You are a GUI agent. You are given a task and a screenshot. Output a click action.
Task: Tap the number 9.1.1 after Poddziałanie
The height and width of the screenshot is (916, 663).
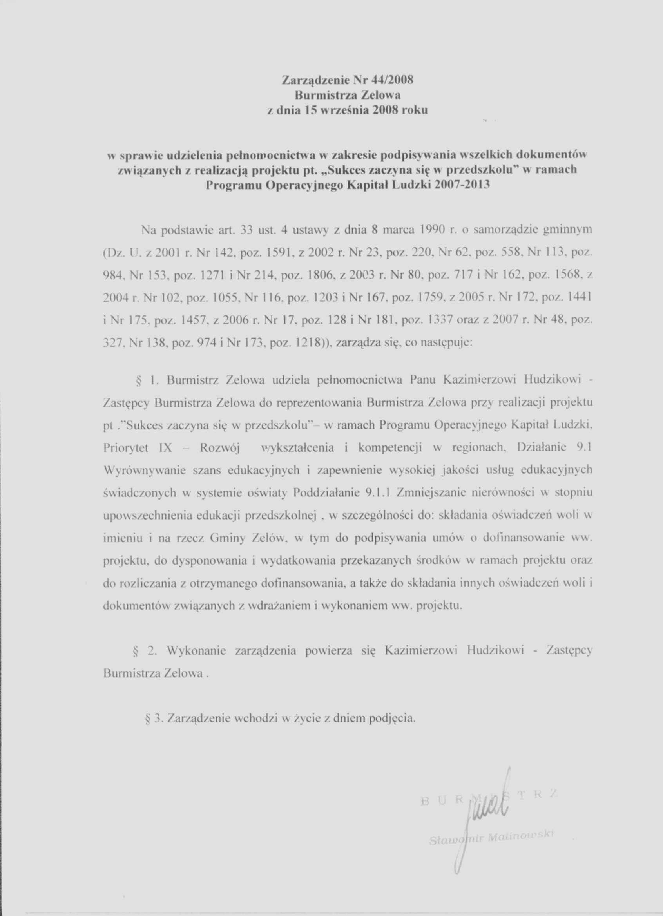click(x=379, y=493)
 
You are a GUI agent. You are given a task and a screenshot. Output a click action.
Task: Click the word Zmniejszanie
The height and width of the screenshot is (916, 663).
click(x=427, y=493)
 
